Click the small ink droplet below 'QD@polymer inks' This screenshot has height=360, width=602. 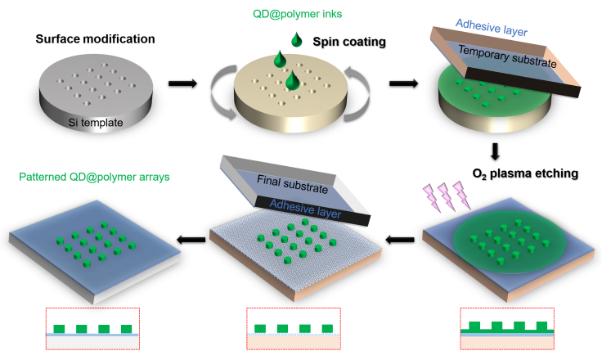[x=296, y=38]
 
